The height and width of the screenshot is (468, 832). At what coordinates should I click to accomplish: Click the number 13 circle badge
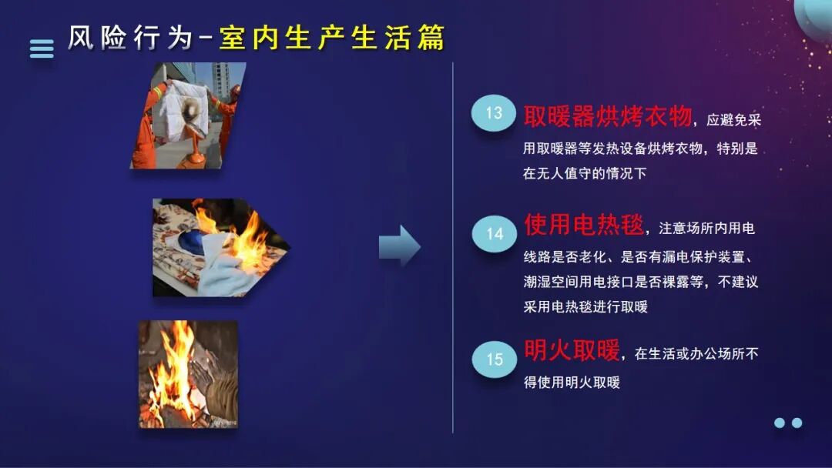pos(493,114)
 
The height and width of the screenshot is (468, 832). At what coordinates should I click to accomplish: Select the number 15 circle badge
pos(494,359)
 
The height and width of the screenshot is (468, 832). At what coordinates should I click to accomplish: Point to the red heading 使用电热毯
pos(583,225)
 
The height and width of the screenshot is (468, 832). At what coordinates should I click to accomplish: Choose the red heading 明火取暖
pos(572,351)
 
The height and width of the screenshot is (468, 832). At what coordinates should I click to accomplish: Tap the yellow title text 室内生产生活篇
pos(332,38)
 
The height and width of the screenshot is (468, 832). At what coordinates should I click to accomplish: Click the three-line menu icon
pos(42,48)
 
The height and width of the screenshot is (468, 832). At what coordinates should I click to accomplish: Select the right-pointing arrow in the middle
pos(399,246)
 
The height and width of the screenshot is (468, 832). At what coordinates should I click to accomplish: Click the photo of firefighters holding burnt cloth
pos(188,115)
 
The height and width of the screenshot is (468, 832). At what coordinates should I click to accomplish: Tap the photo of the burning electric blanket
pos(220,247)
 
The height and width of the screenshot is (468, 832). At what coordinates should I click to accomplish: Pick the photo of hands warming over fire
pos(188,374)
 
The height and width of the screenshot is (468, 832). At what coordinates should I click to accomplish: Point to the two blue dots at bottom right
pos(788,423)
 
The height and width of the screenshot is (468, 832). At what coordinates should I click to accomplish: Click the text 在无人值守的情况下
pos(585,174)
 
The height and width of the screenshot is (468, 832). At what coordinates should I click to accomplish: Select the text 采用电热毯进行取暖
pos(585,306)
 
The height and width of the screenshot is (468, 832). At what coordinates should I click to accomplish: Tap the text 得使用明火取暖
pos(572,382)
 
